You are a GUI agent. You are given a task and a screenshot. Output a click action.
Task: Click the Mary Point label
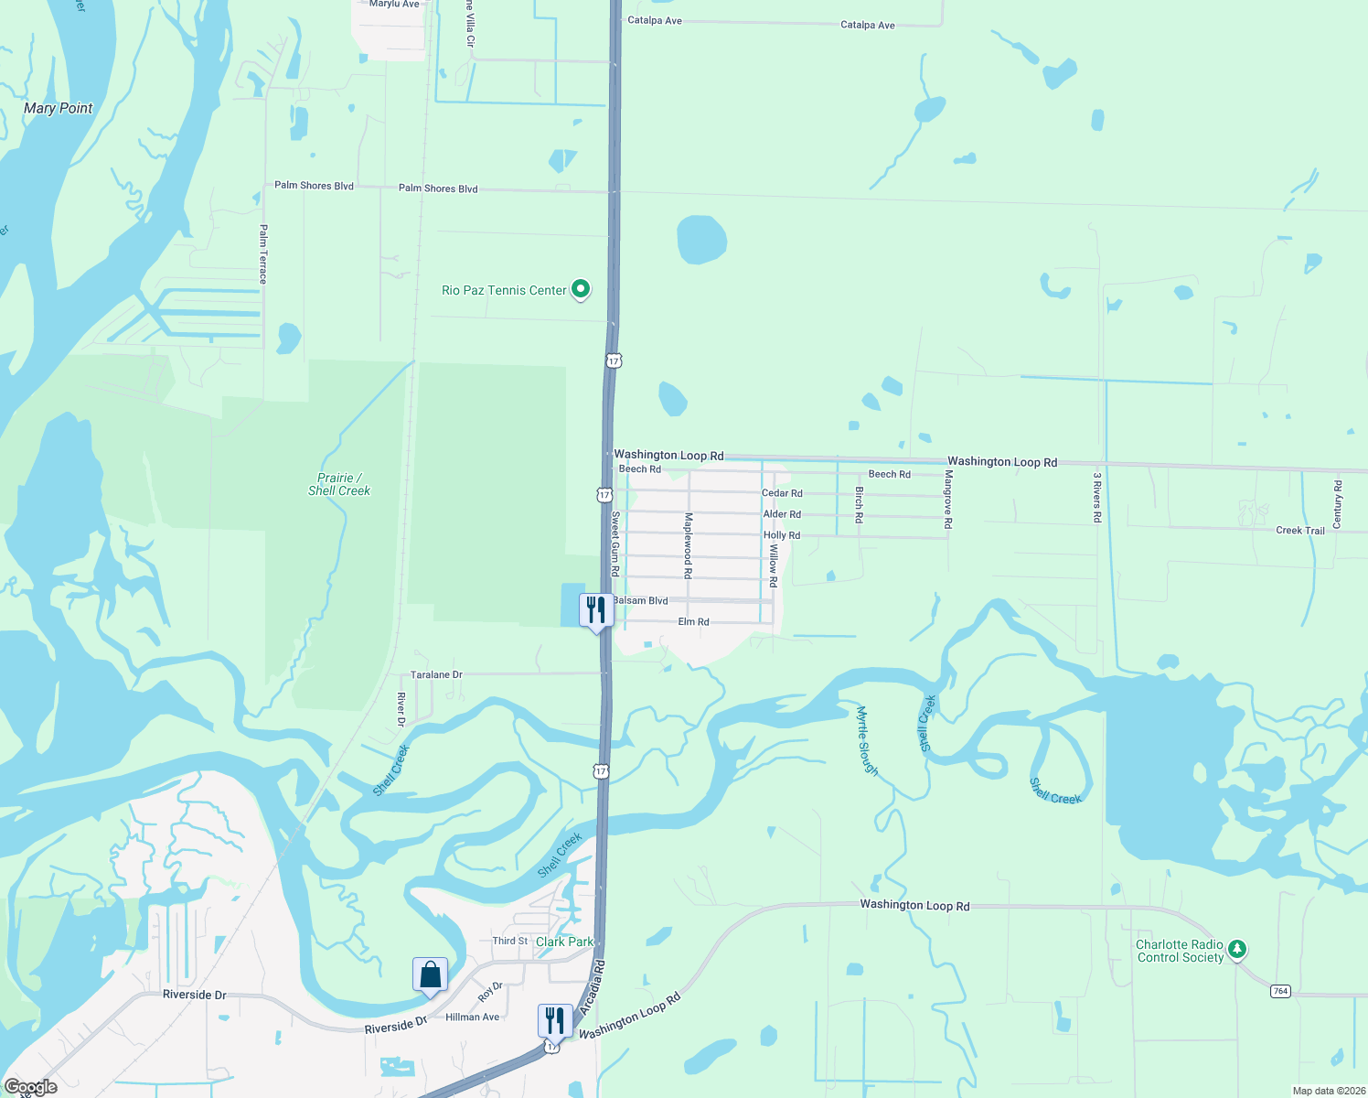click(x=58, y=108)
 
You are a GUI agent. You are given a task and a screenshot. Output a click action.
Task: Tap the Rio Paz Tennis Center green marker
click(x=581, y=290)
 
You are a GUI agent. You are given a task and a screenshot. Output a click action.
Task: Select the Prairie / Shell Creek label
click(x=339, y=484)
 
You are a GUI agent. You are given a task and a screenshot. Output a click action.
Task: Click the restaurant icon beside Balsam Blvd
click(x=595, y=610)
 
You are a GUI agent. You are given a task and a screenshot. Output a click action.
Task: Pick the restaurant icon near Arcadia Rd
click(x=555, y=1020)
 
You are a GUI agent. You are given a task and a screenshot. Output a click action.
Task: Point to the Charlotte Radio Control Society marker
click(x=1237, y=949)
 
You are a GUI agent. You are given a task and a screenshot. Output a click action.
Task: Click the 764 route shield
click(x=1280, y=991)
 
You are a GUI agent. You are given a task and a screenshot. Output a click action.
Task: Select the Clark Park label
click(x=564, y=942)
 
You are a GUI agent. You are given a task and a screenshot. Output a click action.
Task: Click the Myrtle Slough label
click(x=867, y=741)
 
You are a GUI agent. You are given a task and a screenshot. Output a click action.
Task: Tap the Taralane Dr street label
click(x=436, y=675)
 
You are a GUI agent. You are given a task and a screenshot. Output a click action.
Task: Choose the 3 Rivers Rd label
click(x=1097, y=497)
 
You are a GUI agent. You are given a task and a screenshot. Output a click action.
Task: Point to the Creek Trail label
click(x=1299, y=531)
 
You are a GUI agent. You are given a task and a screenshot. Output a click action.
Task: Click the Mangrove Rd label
click(x=948, y=500)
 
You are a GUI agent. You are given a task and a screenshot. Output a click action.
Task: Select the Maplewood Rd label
click(x=689, y=545)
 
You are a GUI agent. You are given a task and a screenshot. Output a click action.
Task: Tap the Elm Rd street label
click(x=693, y=622)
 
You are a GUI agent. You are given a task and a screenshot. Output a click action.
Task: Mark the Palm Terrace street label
click(x=263, y=254)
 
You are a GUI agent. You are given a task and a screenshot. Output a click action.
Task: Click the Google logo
click(x=31, y=1087)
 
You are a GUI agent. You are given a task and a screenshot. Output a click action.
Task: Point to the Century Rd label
click(x=1338, y=504)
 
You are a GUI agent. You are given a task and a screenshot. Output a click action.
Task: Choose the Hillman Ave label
click(x=472, y=1017)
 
